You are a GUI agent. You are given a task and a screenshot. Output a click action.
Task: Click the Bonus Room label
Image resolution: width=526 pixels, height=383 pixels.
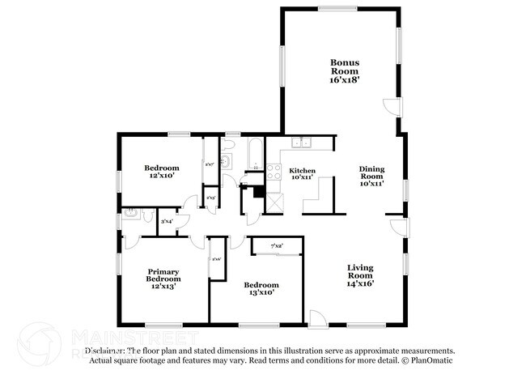[x=344, y=67]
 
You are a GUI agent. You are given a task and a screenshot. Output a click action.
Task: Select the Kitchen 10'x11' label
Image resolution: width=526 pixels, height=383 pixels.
[x=302, y=174]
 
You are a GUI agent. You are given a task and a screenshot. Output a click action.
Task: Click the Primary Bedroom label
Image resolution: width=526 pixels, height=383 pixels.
[x=162, y=278]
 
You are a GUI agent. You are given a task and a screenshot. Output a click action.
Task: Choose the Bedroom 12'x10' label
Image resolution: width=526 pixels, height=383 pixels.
[x=162, y=172]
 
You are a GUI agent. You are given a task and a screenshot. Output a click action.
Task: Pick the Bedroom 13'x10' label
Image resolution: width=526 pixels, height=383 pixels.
[x=261, y=289]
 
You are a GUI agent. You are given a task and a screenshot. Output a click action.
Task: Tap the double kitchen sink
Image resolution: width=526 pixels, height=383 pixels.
[x=302, y=143]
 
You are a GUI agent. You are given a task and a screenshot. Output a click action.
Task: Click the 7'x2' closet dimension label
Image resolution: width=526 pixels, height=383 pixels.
[x=276, y=246]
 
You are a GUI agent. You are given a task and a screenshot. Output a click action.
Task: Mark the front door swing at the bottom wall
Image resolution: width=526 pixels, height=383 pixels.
[x=317, y=319]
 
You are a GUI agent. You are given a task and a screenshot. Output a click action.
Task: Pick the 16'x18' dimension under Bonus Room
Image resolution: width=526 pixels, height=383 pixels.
[x=344, y=81]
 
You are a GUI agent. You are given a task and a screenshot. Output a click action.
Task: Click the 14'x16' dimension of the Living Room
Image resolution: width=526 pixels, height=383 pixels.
[x=360, y=283]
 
